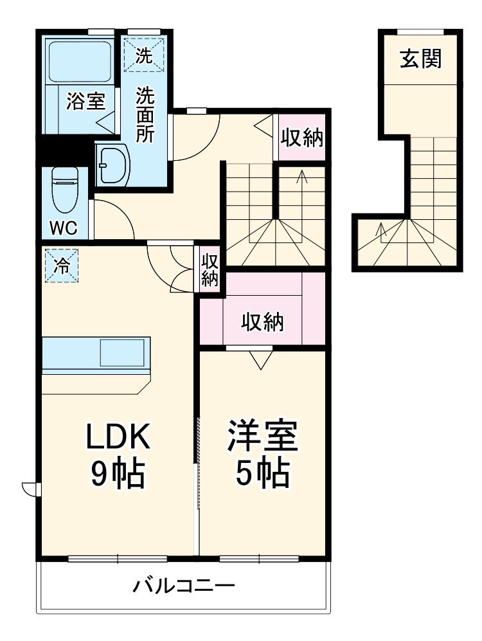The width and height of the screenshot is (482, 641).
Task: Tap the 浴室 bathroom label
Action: point(86,102)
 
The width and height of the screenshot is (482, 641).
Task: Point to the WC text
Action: point(64,228)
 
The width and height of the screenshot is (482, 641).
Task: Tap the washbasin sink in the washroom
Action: point(112,165)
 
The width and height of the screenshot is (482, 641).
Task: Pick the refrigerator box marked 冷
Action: point(62,266)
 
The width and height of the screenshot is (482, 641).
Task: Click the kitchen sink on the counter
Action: point(122,353)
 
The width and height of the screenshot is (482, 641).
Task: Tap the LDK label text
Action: point(119,438)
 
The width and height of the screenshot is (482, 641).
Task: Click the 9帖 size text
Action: point(118,475)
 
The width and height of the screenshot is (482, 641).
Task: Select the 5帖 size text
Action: point(262,475)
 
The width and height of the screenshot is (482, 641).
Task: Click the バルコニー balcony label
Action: point(184,586)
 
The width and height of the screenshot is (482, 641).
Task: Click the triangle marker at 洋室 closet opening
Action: point(261,360)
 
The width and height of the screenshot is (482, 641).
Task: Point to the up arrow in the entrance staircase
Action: point(380,230)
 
